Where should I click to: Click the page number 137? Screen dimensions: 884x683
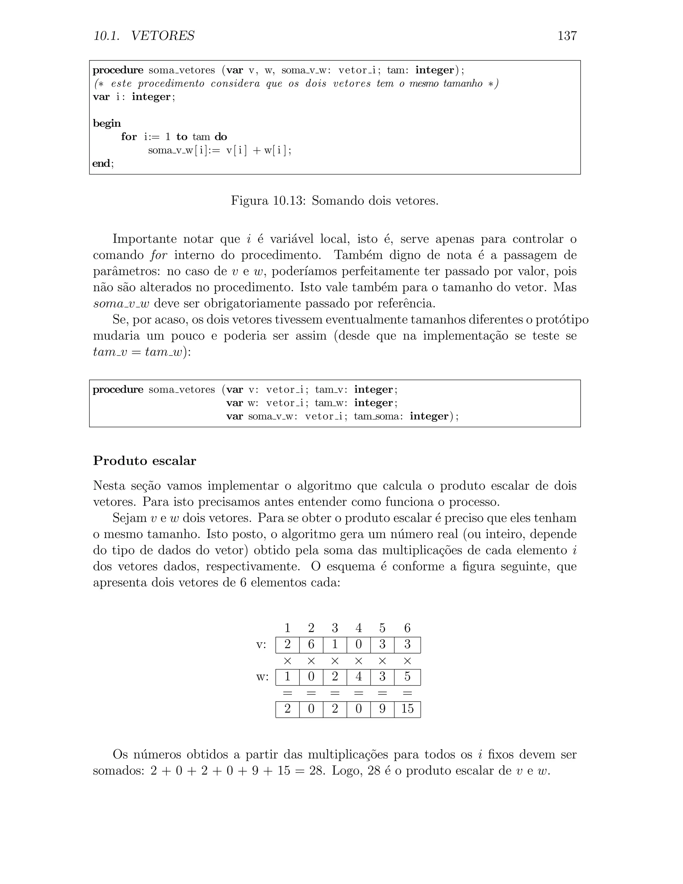[567, 36]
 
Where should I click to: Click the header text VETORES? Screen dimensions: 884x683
[163, 36]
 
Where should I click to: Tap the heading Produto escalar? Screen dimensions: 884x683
[144, 461]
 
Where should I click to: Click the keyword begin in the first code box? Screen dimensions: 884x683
[107, 123]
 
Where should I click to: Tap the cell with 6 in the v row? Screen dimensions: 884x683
[311, 644]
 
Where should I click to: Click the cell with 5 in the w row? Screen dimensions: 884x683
[407, 677]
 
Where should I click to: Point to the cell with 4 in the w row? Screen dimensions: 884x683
[359, 677]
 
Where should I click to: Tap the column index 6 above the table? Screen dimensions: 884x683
[407, 628]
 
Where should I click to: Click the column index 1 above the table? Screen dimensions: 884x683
[287, 628]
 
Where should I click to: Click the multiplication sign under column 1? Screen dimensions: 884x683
[287, 661]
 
